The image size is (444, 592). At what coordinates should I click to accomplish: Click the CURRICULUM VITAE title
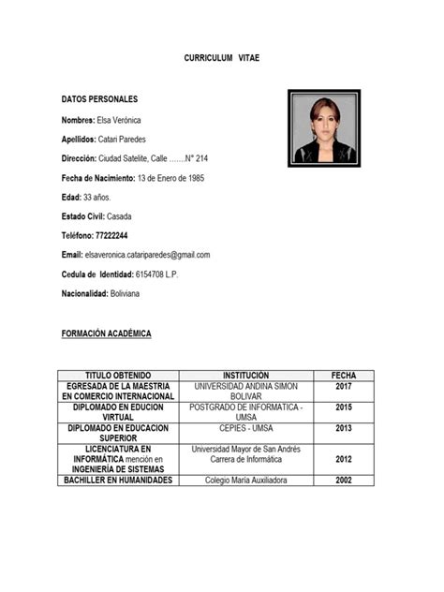[221, 58]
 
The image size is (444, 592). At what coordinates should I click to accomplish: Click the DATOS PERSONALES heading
[99, 98]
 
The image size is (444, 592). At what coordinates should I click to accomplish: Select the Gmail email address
[147, 255]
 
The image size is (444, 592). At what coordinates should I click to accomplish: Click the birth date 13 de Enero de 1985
[170, 178]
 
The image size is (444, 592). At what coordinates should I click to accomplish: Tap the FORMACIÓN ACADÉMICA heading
[106, 333]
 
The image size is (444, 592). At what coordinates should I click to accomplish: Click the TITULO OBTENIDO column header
[118, 375]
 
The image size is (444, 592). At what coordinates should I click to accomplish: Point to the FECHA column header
[343, 375]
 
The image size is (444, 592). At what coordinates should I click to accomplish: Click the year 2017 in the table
[343, 386]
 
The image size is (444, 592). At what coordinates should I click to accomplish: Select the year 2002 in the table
[343, 481]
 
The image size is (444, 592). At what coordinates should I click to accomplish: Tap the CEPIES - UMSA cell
[245, 427]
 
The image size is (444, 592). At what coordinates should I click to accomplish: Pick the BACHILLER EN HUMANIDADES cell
[118, 481]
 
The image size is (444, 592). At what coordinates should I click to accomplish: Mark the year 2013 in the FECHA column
[343, 427]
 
